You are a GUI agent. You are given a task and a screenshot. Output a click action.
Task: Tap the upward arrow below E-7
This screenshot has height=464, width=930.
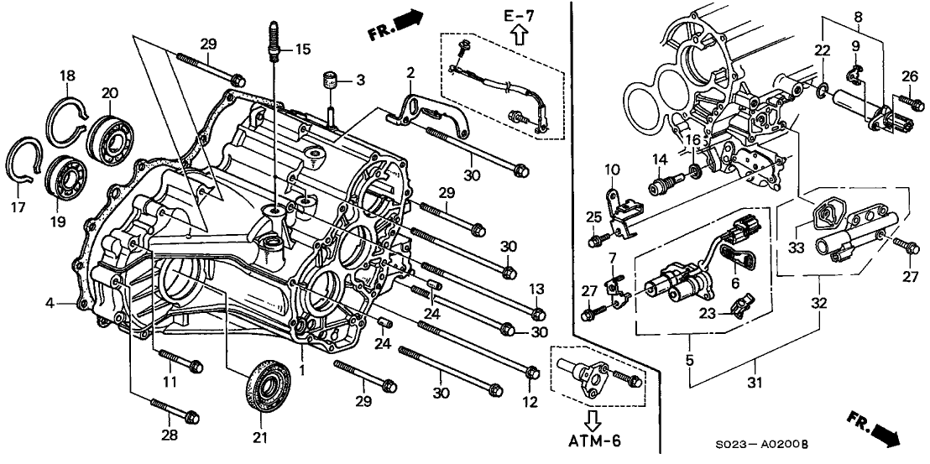[x=518, y=34]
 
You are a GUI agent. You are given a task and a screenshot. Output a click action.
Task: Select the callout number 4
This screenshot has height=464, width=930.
[x=50, y=302]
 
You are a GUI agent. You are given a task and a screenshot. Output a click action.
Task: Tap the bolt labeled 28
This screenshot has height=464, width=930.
[x=177, y=413]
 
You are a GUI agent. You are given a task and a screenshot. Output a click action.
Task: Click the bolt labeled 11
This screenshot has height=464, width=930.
[x=181, y=364]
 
